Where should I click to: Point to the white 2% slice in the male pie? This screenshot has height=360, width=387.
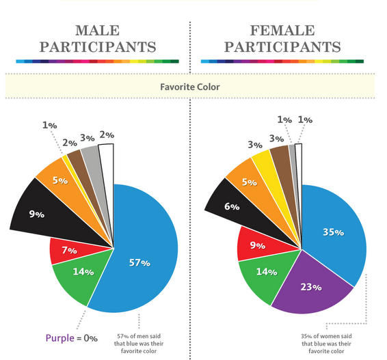click(x=106, y=164)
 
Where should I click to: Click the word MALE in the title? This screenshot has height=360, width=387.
click(x=96, y=31)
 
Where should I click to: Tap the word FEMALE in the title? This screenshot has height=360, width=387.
click(x=282, y=31)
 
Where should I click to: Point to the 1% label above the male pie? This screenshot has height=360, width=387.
click(x=49, y=125)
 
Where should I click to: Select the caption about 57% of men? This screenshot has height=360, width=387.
click(x=139, y=342)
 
